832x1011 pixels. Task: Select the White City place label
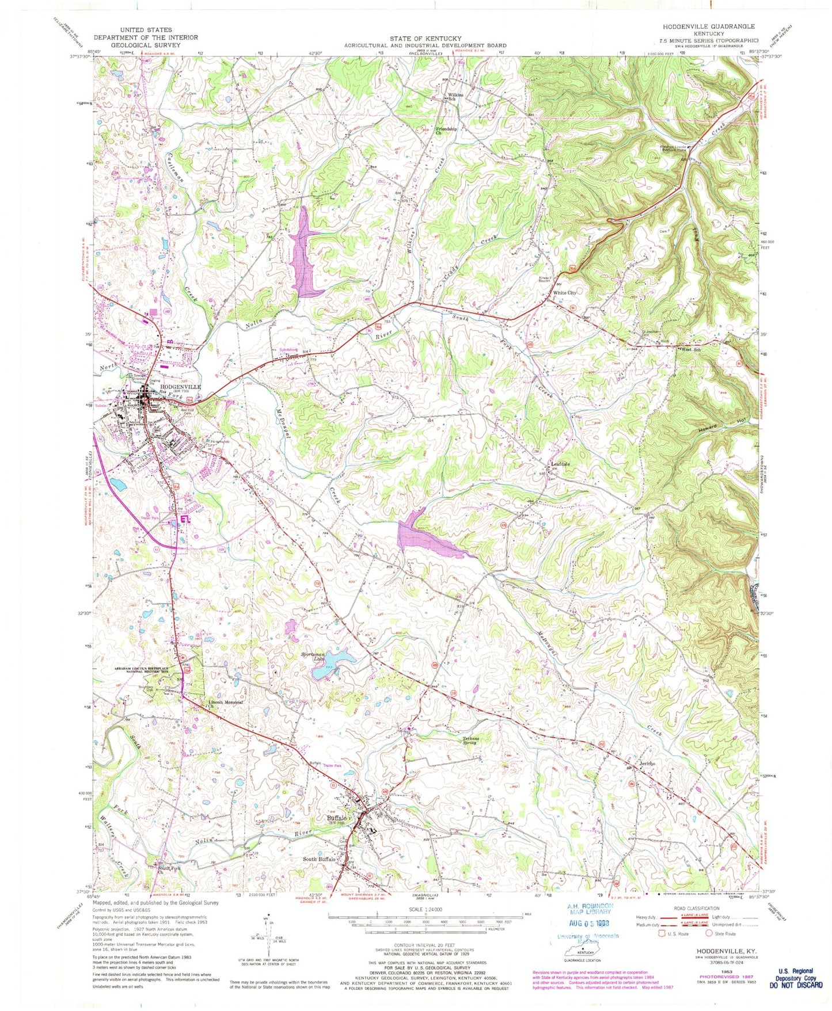coord(564,293)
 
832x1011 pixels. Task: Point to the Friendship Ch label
coord(446,131)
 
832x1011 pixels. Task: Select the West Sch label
coord(691,350)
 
